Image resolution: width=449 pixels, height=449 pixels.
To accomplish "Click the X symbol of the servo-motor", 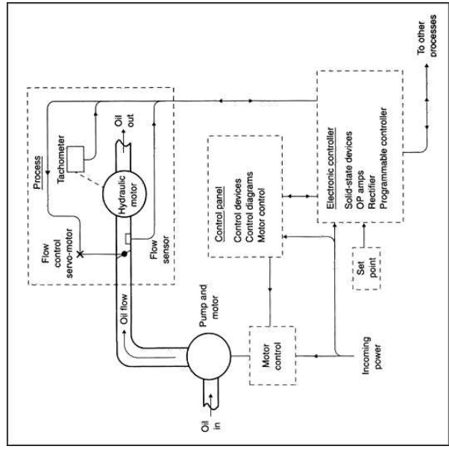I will pyautogui.click(x=81, y=254).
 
